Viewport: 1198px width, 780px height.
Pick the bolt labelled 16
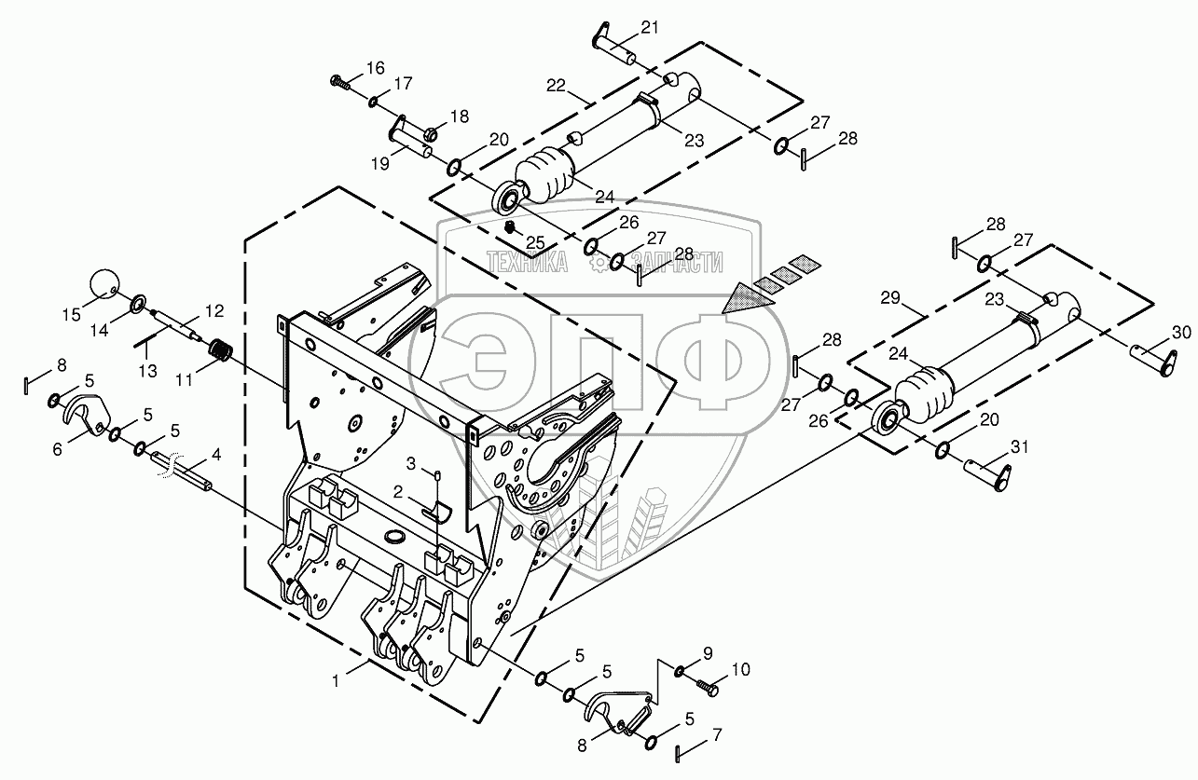(x=340, y=81)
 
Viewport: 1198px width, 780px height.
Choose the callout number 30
(x=1180, y=332)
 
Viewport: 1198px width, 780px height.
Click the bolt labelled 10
(x=707, y=688)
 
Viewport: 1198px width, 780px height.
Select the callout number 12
(x=213, y=308)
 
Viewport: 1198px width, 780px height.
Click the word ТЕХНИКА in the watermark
(x=528, y=264)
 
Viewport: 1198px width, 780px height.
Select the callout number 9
(x=707, y=652)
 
